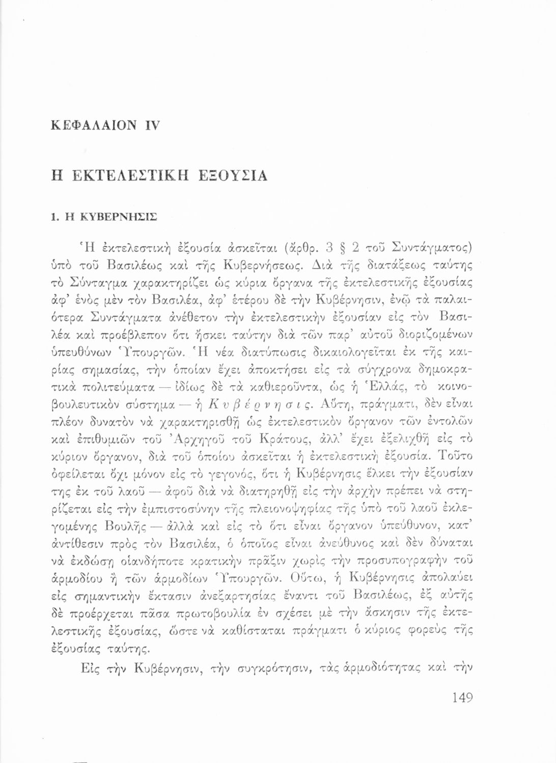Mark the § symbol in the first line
coord(345,249)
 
